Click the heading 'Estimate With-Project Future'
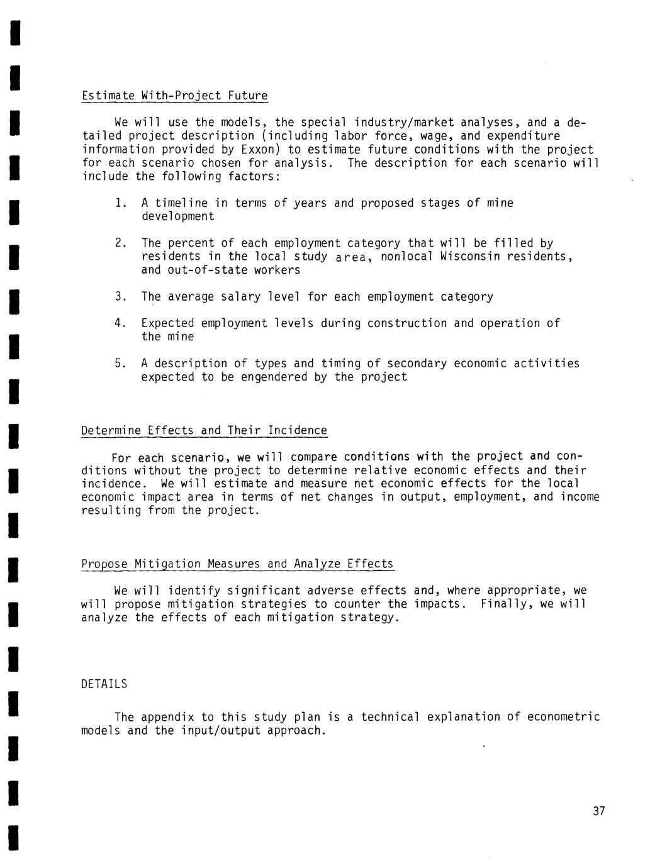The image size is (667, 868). point(174,96)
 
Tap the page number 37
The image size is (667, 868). point(598,811)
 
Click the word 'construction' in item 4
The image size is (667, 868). point(406,323)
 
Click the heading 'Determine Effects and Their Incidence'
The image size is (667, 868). point(204,431)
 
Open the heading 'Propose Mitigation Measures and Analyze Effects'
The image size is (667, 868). point(237,564)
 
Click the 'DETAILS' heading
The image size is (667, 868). point(104,684)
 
